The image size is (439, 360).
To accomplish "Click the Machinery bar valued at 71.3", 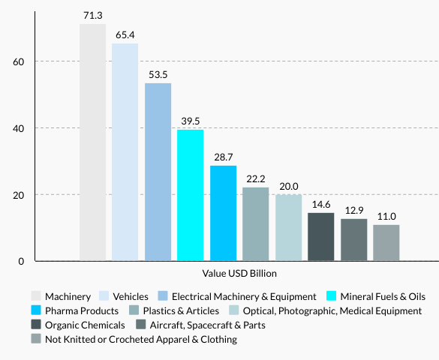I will click(92, 142).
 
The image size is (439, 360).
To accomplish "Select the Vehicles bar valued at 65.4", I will click(125, 152).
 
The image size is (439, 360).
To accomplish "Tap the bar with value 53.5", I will click(158, 172).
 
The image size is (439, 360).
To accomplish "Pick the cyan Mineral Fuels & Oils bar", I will click(190, 196).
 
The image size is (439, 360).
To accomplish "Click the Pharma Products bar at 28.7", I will click(223, 214).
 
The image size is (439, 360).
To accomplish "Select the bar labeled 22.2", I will click(255, 224).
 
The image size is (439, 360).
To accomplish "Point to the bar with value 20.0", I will click(288, 228).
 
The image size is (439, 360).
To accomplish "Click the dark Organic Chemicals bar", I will click(320, 237).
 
